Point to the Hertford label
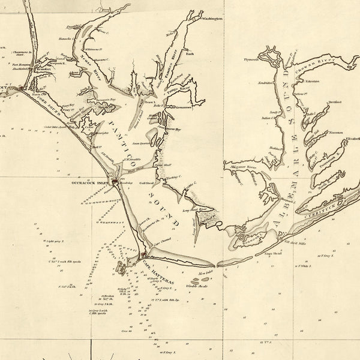tap(335, 103)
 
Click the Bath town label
tap(191, 53)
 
